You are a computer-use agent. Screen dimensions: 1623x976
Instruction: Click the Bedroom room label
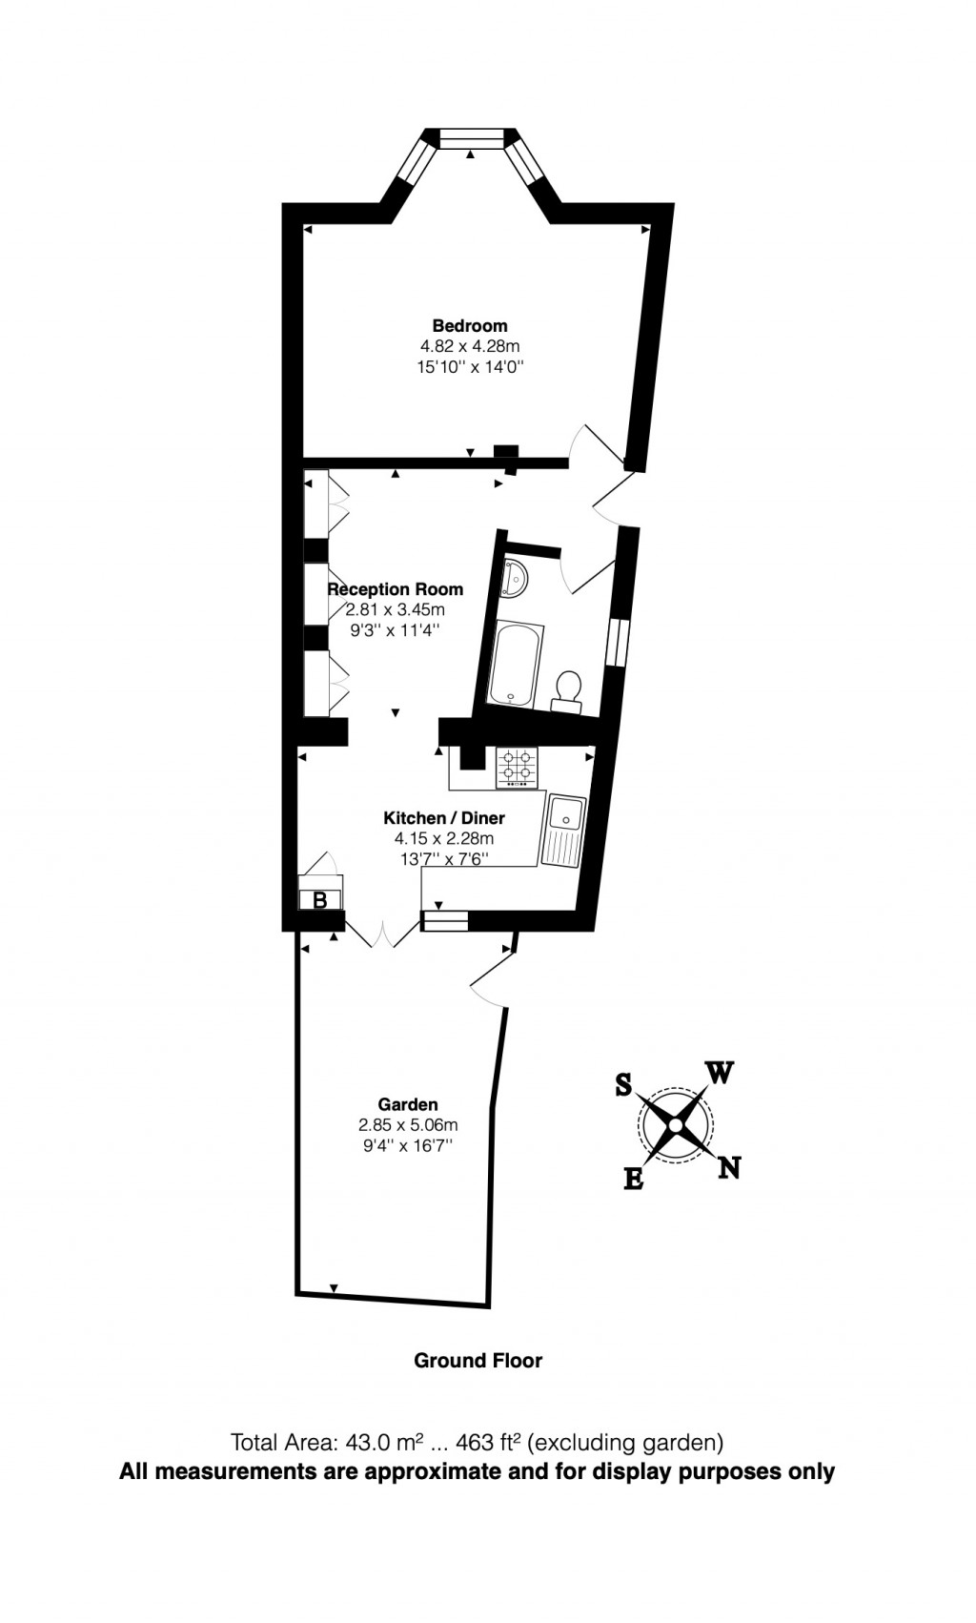tap(470, 325)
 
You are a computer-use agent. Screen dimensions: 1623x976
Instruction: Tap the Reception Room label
tap(396, 589)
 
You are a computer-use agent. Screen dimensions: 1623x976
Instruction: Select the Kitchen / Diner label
tap(444, 817)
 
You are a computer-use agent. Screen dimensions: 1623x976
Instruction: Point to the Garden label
tap(408, 1104)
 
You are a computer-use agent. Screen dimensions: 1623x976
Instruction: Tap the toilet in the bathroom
tap(568, 689)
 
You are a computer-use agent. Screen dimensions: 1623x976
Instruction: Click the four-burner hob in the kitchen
tap(517, 766)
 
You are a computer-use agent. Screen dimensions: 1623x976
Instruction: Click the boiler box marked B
tap(320, 899)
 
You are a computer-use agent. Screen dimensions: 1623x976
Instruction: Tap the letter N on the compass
tap(729, 1167)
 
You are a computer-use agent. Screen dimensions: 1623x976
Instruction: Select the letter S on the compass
tap(623, 1084)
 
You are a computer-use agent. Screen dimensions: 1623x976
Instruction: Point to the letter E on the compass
tap(633, 1179)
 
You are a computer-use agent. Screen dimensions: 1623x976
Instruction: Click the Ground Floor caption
tap(478, 1361)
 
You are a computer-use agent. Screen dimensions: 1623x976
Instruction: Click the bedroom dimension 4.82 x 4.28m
tap(470, 346)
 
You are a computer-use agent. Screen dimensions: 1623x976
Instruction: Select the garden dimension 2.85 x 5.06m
tap(408, 1125)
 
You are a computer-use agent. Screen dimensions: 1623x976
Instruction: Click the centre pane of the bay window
tap(470, 139)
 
